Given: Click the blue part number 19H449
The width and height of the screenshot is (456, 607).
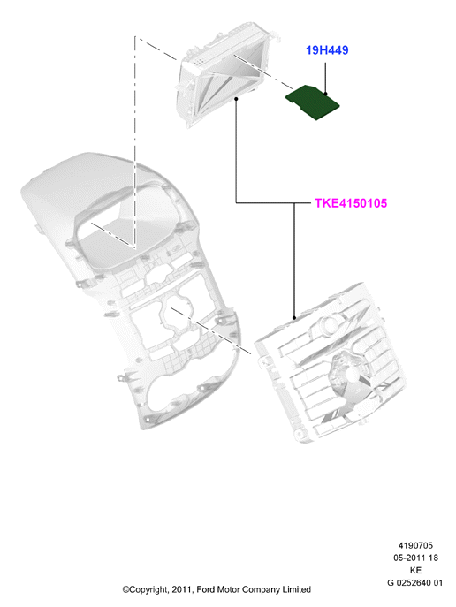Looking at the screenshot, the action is pyautogui.click(x=327, y=50).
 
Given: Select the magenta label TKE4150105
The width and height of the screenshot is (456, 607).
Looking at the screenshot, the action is pyautogui.click(x=351, y=203).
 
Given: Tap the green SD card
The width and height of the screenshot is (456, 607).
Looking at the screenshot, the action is pyautogui.click(x=312, y=102).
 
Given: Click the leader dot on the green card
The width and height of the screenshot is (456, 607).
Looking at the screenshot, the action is pyautogui.click(x=325, y=94).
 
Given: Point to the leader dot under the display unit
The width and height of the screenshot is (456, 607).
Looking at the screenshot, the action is pyautogui.click(x=236, y=99).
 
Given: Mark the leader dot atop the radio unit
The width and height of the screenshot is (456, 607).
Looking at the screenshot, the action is pyautogui.click(x=294, y=318).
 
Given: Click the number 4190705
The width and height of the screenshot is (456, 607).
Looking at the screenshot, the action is pyautogui.click(x=415, y=545).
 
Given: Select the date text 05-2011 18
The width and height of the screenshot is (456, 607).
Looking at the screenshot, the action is pyautogui.click(x=415, y=558).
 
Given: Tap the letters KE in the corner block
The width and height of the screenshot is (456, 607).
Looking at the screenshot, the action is pyautogui.click(x=415, y=570).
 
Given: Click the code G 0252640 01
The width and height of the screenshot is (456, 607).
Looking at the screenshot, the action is pyautogui.click(x=414, y=582).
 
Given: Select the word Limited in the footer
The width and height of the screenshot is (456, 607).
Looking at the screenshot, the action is pyautogui.click(x=297, y=589).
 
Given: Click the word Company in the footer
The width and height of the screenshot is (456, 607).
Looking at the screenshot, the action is pyautogui.click(x=262, y=590).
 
